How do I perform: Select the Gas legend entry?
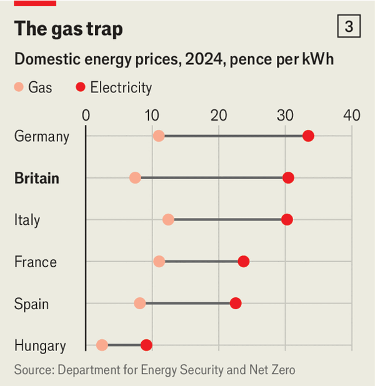pos(34,87)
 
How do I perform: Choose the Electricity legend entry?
pos(114,87)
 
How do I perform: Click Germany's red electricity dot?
pos(308,136)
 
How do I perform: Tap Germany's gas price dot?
pos(159,136)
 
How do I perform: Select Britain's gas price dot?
pos(135,178)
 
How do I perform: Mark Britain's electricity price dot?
pos(288,178)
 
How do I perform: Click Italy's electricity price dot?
pos(287,219)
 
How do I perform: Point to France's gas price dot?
pos(159,261)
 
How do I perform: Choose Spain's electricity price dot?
pos(236,303)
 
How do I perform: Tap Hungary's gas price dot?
pos(102,345)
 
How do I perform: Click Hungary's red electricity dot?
pos(146,345)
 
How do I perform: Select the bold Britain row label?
pos(37,178)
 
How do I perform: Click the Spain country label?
pos(31,304)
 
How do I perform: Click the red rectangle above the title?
pos(35,2)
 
